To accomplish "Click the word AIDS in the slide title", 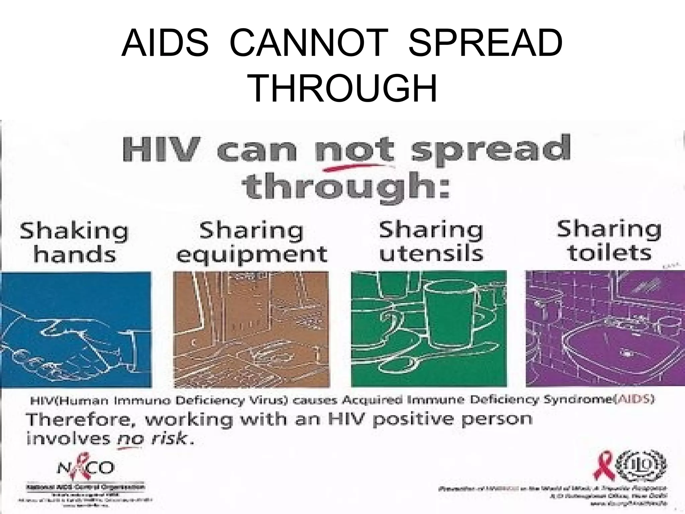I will (165, 43).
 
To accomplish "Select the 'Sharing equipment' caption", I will (252, 242).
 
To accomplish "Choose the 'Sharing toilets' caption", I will (609, 241).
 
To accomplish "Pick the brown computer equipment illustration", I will (251, 330).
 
